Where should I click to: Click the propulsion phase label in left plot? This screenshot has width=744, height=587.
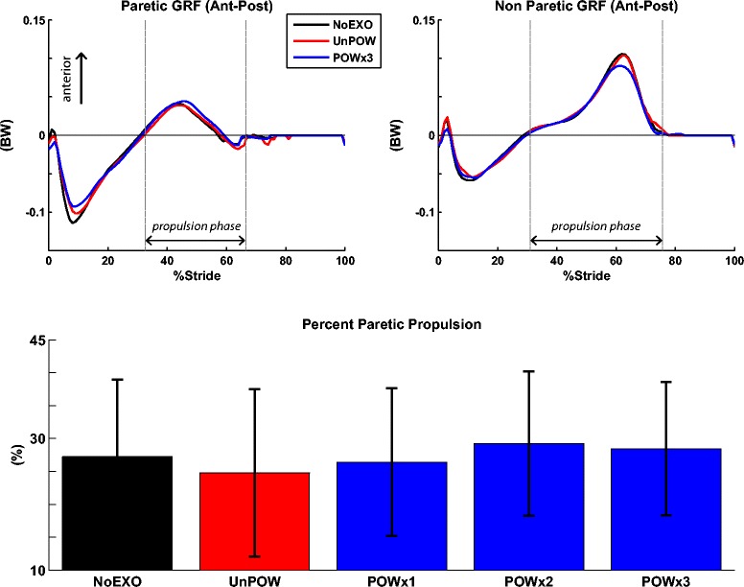[196, 227]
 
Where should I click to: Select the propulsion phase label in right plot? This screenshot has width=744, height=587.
[595, 227]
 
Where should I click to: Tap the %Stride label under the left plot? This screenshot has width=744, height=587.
[196, 275]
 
